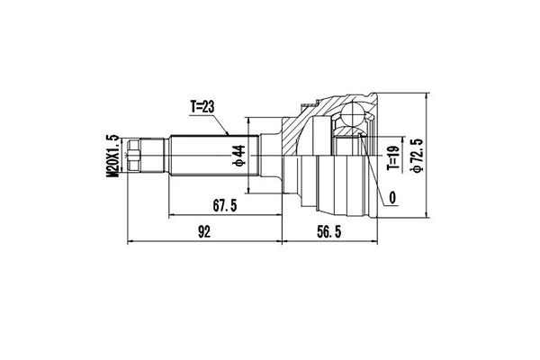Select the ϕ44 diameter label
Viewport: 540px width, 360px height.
tap(239, 156)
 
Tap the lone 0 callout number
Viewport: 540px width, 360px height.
tap(393, 197)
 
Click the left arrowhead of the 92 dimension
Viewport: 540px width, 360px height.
tap(133, 242)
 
